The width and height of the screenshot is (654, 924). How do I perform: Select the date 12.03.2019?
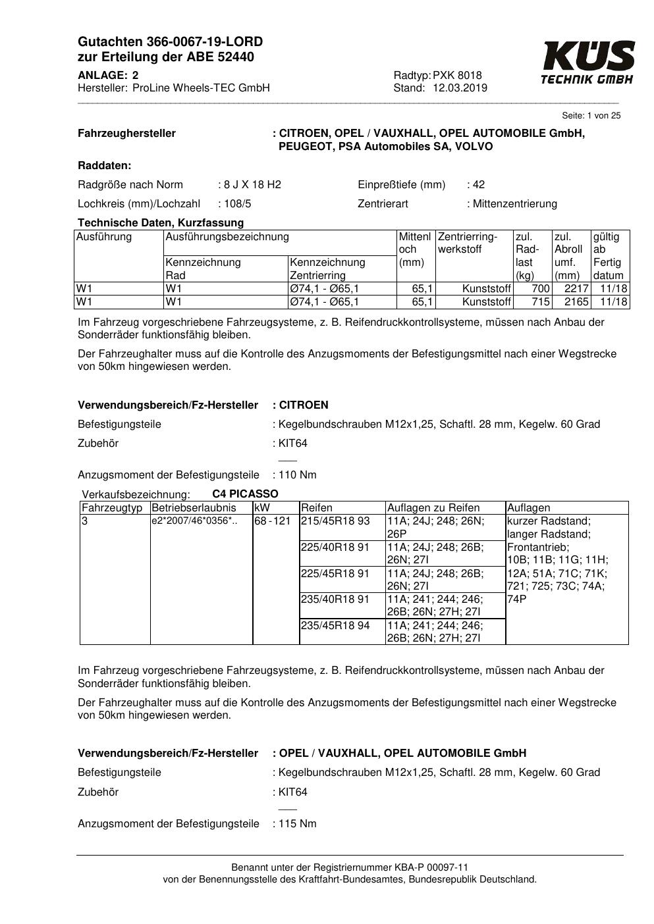tap(460, 88)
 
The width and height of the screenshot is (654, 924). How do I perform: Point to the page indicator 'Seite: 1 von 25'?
tap(591, 116)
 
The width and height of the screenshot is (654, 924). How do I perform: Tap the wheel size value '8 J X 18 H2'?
tap(252, 184)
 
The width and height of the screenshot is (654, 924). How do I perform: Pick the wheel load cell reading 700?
tap(540, 289)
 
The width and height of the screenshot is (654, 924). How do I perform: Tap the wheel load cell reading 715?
tap(540, 302)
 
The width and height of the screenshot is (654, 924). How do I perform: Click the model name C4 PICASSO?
tap(245, 494)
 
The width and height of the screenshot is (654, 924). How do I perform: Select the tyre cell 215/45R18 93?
tap(335, 521)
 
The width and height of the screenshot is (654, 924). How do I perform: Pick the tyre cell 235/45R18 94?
tap(335, 625)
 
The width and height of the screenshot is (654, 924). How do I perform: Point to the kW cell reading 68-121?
tap(273, 521)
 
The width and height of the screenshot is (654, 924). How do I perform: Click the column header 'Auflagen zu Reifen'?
tap(433, 507)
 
